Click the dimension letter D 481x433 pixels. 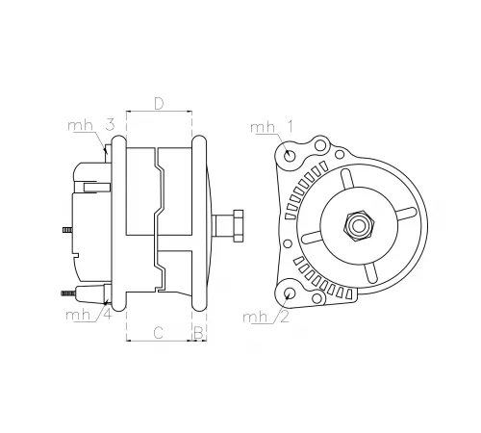tap(159, 103)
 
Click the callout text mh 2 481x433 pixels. tap(265, 317)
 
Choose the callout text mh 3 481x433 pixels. tap(92, 125)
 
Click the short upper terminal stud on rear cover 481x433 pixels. tap(65, 230)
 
